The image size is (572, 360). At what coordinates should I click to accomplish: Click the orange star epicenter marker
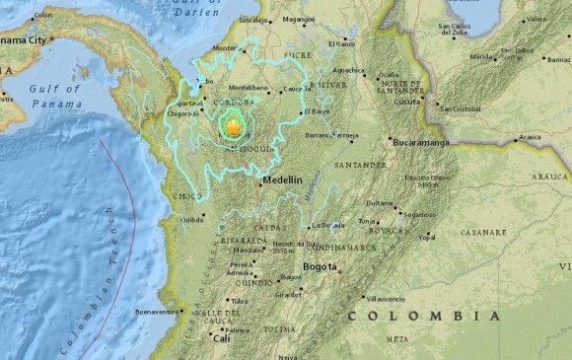[234, 127]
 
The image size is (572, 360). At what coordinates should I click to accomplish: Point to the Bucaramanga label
[426, 142]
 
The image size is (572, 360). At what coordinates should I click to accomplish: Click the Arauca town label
[531, 137]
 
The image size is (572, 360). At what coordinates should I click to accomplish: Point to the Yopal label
[426, 238]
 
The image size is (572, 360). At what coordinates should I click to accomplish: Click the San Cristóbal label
[460, 108]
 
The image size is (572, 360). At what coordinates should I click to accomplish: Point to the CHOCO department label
[188, 196]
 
